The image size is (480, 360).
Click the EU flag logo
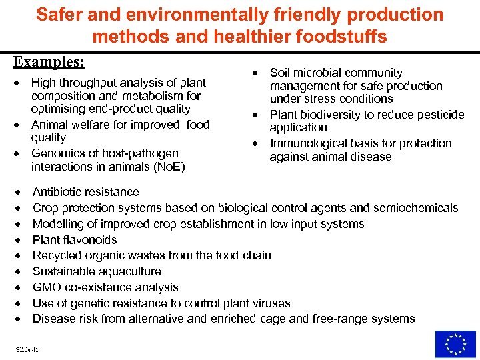455,344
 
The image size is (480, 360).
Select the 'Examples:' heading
49,61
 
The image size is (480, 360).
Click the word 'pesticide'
436,115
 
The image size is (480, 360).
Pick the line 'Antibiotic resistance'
86,192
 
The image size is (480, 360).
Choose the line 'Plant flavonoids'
75,239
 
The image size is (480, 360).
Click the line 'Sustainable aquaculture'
97,271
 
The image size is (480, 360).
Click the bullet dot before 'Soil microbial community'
255,73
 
